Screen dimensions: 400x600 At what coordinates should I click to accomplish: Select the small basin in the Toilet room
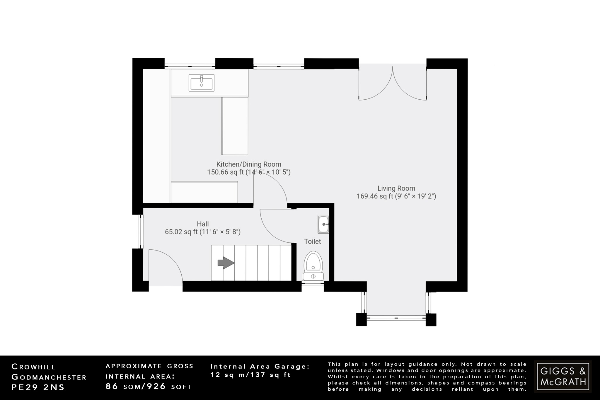click(323, 224)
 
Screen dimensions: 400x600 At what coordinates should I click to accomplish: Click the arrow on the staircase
click(226, 263)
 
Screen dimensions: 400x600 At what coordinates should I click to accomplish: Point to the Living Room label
click(396, 188)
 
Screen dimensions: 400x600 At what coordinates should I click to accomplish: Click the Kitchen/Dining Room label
click(249, 164)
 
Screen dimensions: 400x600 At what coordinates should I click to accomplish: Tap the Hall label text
click(203, 224)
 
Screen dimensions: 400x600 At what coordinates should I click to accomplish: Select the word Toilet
click(312, 241)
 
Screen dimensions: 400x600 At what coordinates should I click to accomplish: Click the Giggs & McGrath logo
click(563, 377)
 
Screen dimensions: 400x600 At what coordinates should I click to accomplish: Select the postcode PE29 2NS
click(38, 387)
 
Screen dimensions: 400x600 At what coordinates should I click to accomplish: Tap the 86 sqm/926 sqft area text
click(149, 387)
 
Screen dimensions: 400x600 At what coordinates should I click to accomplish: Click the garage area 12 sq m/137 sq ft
click(250, 375)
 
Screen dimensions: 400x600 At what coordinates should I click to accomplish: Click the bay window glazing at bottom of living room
click(396, 317)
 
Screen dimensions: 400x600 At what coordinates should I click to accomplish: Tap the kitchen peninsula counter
click(235, 126)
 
